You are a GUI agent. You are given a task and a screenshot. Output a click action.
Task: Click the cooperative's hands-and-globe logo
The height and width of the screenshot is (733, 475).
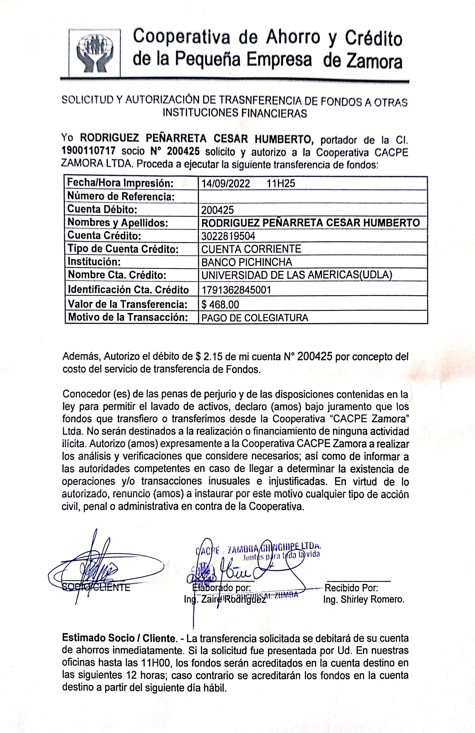tap(95, 53)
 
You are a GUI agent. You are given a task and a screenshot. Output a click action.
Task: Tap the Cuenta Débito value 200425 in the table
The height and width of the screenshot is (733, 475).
tap(217, 210)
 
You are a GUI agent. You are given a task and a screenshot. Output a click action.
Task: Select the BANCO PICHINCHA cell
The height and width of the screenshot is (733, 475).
tap(247, 262)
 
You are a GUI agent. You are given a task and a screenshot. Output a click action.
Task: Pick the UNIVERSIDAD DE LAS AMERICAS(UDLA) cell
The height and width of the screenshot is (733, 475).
tap(297, 275)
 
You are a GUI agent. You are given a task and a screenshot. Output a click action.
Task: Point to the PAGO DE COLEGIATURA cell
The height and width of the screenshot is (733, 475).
tap(255, 318)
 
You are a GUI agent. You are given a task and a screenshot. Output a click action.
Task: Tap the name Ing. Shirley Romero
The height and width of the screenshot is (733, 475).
tap(364, 600)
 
